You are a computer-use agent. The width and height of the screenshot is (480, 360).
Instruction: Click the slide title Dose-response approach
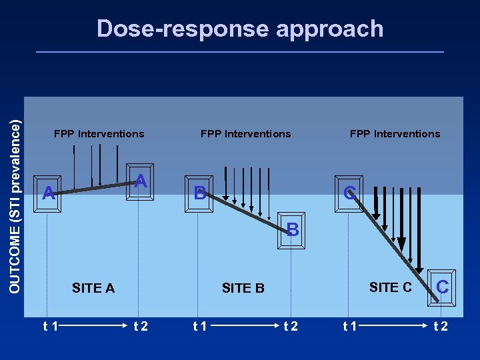[x=240, y=29]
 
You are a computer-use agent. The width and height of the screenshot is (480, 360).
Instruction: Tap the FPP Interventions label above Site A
[x=99, y=133]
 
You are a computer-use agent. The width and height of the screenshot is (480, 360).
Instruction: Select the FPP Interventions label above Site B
[x=245, y=133]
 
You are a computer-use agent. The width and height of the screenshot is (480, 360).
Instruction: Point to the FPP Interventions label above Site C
[x=395, y=133]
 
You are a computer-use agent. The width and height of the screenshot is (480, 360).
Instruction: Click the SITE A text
[x=93, y=288]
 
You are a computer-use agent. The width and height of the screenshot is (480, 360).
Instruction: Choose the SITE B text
[x=243, y=288]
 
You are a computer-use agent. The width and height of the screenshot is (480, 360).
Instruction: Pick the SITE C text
[x=390, y=287]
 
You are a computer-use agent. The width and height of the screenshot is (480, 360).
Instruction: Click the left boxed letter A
[x=48, y=193]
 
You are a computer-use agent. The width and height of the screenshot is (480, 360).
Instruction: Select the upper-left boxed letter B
[x=199, y=194]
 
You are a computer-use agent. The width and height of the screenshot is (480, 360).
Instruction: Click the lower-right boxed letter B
[x=292, y=231]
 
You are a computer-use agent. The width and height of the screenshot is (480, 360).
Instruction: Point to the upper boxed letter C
[x=348, y=193]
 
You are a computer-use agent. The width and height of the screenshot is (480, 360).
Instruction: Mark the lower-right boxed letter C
[x=441, y=287]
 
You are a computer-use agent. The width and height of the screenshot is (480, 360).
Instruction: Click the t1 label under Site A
[x=50, y=326]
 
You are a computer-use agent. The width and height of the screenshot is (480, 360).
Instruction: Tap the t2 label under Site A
[x=141, y=326]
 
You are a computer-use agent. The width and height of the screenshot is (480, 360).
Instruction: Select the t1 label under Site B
[x=199, y=326]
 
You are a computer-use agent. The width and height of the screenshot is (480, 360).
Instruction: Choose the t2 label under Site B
[x=291, y=326]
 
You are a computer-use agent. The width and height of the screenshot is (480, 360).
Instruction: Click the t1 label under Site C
[x=349, y=326]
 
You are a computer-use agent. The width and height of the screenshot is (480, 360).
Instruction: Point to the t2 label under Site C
[x=441, y=326]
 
